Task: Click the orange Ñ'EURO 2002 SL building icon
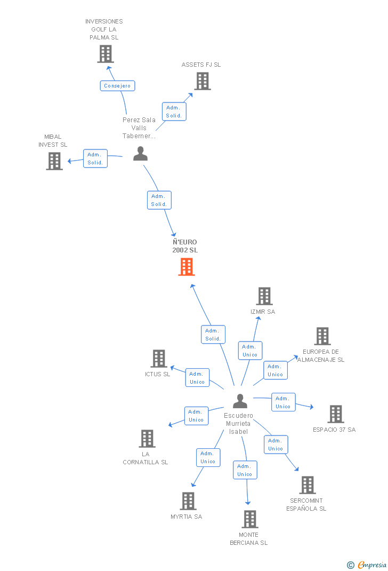(x=187, y=267)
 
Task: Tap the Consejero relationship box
(x=117, y=86)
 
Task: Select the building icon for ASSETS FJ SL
(x=203, y=81)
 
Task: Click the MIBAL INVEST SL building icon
(x=54, y=161)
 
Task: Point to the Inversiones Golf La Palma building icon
(x=106, y=54)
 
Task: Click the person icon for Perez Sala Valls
(x=140, y=154)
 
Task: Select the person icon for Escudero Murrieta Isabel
(x=240, y=401)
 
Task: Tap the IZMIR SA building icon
(x=264, y=296)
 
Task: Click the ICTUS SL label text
(x=157, y=375)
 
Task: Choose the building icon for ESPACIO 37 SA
(x=336, y=414)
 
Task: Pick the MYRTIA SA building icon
(x=188, y=501)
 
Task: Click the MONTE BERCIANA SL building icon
(x=250, y=519)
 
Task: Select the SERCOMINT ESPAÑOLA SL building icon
(x=308, y=485)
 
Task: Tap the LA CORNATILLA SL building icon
(x=147, y=439)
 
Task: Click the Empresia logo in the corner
(x=367, y=565)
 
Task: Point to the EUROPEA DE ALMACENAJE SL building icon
(x=322, y=336)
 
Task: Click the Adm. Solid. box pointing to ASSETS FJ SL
(x=174, y=112)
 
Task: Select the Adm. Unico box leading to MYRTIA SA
(x=208, y=458)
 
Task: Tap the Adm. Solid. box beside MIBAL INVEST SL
(x=95, y=158)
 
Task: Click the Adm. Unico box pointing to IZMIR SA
(x=250, y=351)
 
